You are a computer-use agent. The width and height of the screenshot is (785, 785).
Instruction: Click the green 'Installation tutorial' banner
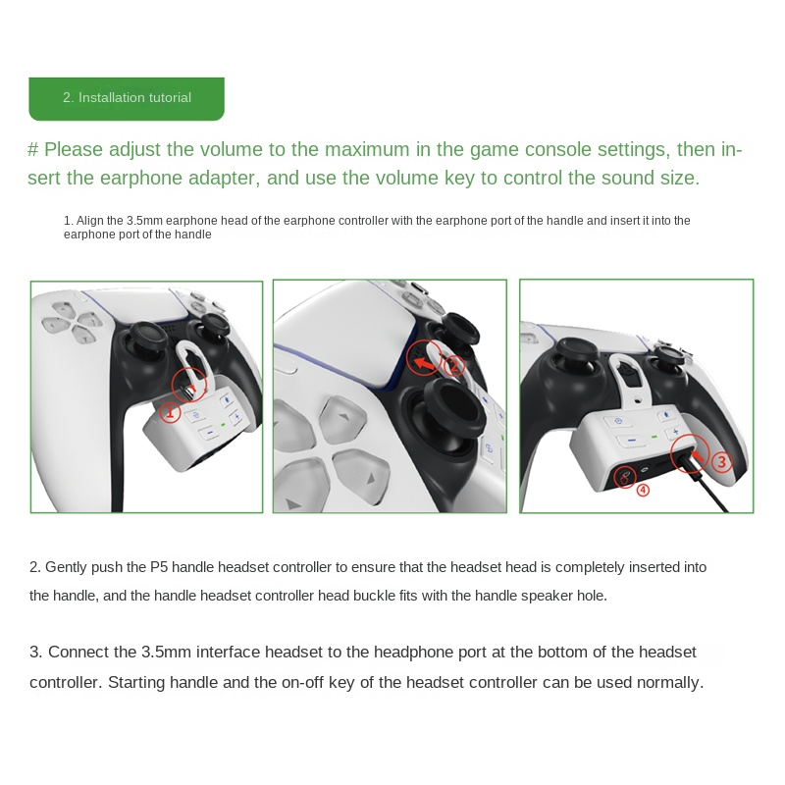pyautogui.click(x=127, y=99)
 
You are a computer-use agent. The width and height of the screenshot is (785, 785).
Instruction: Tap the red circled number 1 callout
pyautogui.click(x=170, y=413)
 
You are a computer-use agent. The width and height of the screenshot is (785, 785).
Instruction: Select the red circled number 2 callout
pyautogui.click(x=454, y=365)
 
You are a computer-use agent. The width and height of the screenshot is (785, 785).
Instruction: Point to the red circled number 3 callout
pyautogui.click(x=721, y=461)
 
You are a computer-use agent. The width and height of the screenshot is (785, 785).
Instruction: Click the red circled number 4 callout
pyautogui.click(x=643, y=490)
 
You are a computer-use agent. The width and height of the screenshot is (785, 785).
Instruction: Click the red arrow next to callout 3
pyautogui.click(x=698, y=455)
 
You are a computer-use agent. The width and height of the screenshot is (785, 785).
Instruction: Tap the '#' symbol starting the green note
pyautogui.click(x=33, y=150)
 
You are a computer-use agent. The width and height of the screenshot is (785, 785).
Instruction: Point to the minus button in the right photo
pyautogui.click(x=632, y=440)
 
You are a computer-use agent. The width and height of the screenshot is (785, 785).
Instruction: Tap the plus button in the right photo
pyautogui.click(x=675, y=432)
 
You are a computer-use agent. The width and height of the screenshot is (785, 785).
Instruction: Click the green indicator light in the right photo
pyautogui.click(x=654, y=437)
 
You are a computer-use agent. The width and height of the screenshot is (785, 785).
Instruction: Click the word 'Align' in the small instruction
pyautogui.click(x=89, y=221)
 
